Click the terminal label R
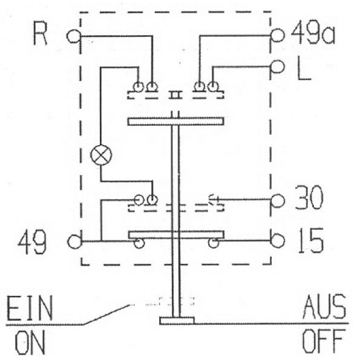click(x=41, y=33)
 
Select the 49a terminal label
click(x=313, y=33)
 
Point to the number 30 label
click(x=309, y=197)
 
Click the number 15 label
click(x=311, y=240)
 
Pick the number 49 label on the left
click(x=32, y=241)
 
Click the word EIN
click(x=30, y=308)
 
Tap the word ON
click(x=30, y=342)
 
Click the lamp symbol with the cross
click(x=101, y=155)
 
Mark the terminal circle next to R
click(x=74, y=36)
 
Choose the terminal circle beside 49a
click(x=277, y=35)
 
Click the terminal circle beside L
click(x=277, y=67)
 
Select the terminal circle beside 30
click(x=277, y=200)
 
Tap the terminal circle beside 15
click(x=277, y=241)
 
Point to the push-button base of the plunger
click(x=177, y=321)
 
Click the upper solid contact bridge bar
click(x=175, y=122)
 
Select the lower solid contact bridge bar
click(x=177, y=235)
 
